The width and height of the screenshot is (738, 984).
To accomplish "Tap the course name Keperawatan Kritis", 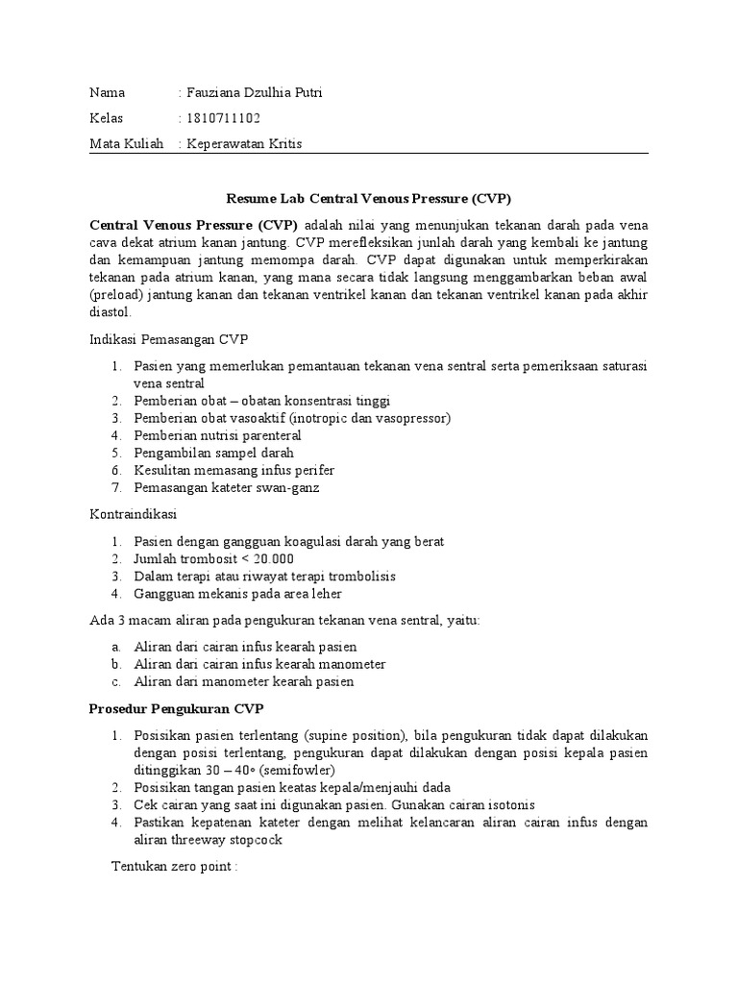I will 244,143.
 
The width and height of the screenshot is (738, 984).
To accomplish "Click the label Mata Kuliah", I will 127,143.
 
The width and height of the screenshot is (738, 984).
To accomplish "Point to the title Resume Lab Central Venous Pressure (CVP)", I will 368,199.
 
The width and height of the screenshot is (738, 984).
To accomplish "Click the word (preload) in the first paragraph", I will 116,295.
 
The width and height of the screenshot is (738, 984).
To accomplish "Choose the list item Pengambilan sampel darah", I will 213,453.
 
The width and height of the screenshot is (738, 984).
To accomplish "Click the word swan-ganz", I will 285,487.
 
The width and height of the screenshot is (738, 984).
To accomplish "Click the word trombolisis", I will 361,577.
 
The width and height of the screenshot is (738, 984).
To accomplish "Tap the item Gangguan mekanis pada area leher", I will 237,594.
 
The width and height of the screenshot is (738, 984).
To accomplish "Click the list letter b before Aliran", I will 114,664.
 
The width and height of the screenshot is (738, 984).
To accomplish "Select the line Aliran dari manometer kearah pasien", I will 244,681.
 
